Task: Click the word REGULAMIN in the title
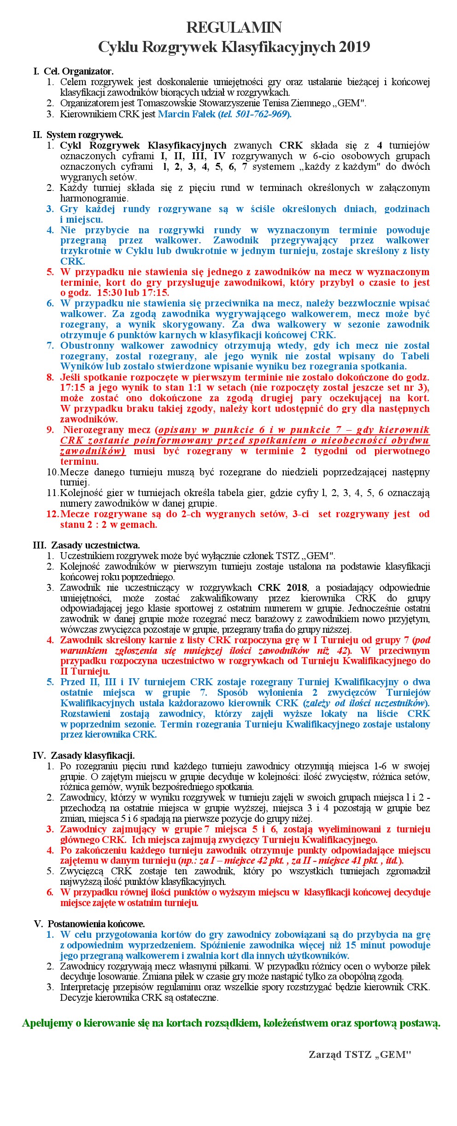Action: coord(234,28)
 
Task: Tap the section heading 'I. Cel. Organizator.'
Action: coord(74,71)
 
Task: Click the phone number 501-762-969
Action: coord(261,114)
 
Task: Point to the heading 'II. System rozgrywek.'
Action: coord(78,135)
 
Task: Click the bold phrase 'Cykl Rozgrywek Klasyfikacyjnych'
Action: coord(143,145)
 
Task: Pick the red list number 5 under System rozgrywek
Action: coord(50,272)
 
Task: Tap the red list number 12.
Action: coord(52,514)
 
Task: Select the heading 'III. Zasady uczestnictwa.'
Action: coord(86,545)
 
